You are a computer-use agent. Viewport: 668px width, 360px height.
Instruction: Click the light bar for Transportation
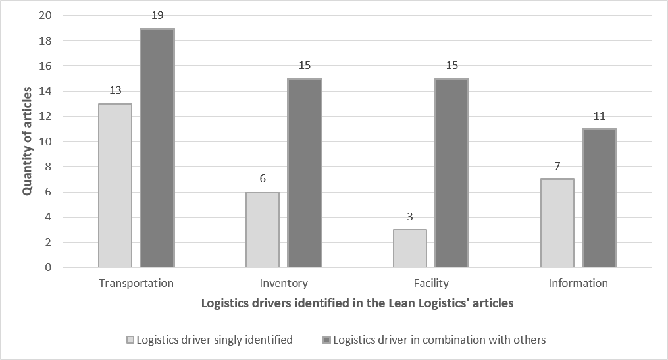(x=115, y=186)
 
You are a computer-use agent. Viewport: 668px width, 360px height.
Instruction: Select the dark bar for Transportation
(x=157, y=148)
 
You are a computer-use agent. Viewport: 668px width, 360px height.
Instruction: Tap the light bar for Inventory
(x=262, y=230)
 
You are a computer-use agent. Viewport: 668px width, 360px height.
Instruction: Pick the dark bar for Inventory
(x=304, y=173)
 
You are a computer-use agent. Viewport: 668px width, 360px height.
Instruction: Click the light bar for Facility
(x=409, y=248)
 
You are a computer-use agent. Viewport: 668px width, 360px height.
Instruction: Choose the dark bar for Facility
(x=451, y=173)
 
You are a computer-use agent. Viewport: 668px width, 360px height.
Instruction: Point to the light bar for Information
(x=557, y=223)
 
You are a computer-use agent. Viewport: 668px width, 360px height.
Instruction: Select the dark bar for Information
(x=599, y=198)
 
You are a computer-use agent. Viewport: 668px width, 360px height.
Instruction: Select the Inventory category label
(x=283, y=283)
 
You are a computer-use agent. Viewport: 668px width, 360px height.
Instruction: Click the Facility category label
(x=431, y=283)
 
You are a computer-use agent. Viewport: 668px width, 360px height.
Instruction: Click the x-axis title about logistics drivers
(x=357, y=303)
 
